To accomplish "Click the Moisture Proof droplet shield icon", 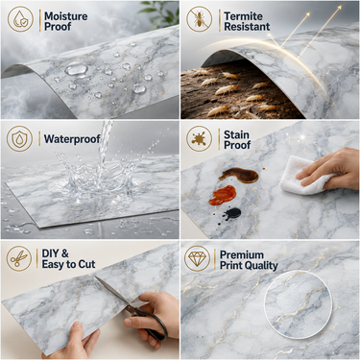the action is tap(20, 19).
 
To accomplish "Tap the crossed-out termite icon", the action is tap(200, 19).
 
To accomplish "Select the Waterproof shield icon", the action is tap(20, 138).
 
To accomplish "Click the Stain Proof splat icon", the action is tap(200, 138).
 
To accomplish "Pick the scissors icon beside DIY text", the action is tap(19, 258).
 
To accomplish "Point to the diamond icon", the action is tap(197, 258).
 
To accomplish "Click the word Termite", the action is tap(243, 16).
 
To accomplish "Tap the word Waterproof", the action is tap(72, 139).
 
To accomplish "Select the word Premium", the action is tap(242, 255).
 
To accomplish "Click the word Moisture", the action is tap(66, 16).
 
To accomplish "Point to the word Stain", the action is tap(236, 134).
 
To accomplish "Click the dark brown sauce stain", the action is tap(239, 175).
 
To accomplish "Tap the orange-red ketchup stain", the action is tap(223, 195).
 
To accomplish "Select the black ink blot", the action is tap(232, 213).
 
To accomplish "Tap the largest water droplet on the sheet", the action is tap(76, 69).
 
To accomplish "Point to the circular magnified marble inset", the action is tap(298, 304).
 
